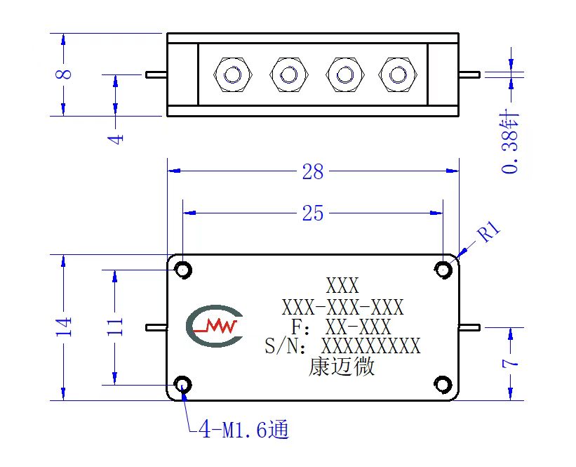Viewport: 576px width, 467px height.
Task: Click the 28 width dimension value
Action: coord(313,172)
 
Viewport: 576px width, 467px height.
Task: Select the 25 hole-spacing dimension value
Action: coord(313,213)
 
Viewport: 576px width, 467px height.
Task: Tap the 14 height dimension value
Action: coord(64,327)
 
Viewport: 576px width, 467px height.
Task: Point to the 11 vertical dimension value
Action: coord(115,325)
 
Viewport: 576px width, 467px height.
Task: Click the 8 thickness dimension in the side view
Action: coord(64,74)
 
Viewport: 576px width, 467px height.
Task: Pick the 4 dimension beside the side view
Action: coord(116,139)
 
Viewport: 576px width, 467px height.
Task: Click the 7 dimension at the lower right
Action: coord(511,363)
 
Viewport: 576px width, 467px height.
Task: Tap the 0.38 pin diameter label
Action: coord(510,142)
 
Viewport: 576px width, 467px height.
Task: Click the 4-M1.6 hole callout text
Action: coord(243,429)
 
